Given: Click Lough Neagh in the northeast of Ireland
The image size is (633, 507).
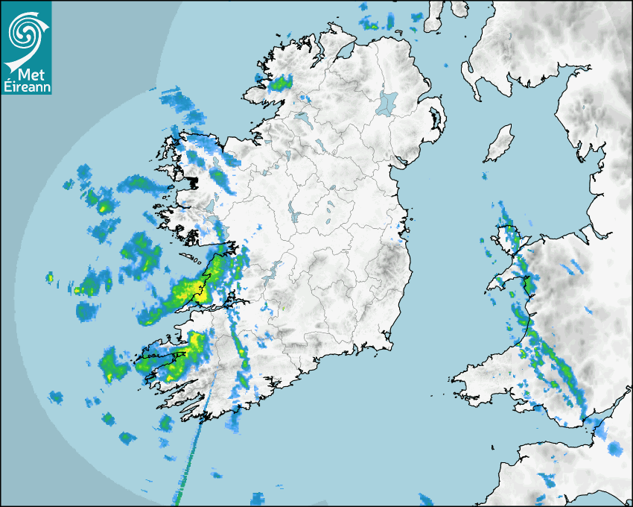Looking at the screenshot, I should coord(387,103).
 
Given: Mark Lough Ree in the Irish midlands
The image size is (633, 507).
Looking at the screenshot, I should coord(293,212).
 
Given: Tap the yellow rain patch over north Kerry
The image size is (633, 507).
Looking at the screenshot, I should coord(195,341).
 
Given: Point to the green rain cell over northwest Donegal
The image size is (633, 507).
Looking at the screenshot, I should coord(280,82).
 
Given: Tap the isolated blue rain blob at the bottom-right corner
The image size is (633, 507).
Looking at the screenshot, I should coord(614,449).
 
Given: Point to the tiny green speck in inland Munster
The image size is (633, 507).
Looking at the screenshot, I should coord(283,306).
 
